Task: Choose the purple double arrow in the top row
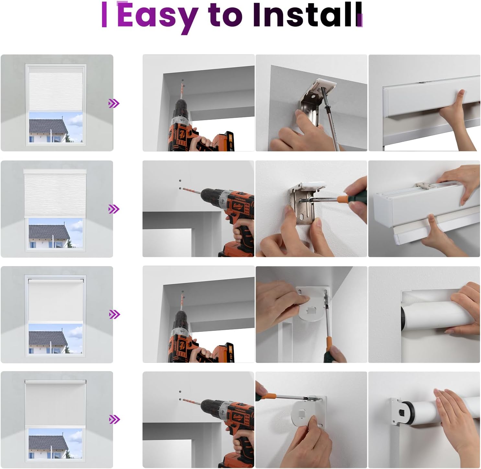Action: [x=114, y=103]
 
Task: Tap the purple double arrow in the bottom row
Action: [x=114, y=419]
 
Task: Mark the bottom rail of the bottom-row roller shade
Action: [x=55, y=427]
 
